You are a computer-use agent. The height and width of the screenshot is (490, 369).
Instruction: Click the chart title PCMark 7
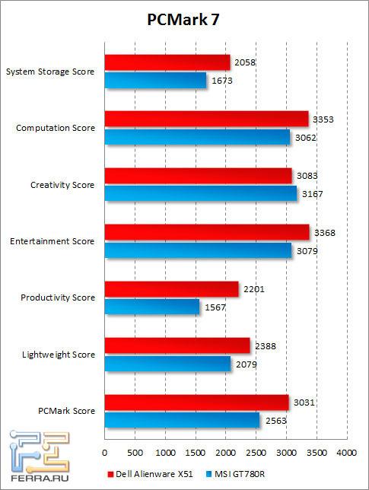click(185, 21)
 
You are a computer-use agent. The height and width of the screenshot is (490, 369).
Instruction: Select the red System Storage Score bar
click(167, 62)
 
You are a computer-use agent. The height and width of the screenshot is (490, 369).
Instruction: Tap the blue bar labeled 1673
click(155, 80)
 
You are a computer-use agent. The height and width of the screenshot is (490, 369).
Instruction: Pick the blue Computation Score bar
click(197, 137)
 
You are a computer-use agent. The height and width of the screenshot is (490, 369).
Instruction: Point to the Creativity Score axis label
click(62, 185)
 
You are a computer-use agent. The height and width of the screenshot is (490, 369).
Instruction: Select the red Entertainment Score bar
click(206, 232)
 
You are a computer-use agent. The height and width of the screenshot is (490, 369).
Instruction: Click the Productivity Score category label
click(59, 297)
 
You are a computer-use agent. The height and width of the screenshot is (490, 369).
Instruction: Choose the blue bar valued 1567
click(151, 307)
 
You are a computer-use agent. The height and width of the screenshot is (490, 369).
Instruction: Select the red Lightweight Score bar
click(177, 345)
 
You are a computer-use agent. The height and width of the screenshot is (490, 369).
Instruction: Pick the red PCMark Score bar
click(196, 402)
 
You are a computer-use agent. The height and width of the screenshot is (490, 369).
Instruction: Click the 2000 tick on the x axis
click(226, 452)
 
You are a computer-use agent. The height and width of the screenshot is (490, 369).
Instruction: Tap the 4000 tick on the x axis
click(346, 452)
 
